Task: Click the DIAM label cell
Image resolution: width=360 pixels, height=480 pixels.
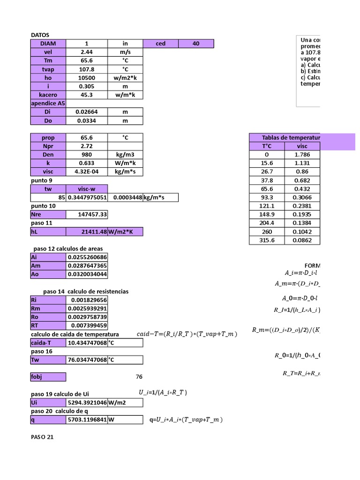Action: point(48,44)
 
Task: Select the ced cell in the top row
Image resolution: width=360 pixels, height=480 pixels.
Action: point(160,44)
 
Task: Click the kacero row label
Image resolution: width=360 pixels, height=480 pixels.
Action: point(48,95)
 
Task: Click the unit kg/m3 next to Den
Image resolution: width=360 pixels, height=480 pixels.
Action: point(125,154)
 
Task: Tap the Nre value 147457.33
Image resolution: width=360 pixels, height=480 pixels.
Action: point(87,214)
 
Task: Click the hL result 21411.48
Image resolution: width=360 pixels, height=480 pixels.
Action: point(87,232)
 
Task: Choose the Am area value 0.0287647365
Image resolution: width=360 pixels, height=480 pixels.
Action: point(87,266)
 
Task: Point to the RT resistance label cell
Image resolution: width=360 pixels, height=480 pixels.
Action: point(48,325)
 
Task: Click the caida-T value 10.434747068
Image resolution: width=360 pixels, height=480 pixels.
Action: point(87,343)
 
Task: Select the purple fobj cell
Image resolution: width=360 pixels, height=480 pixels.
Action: point(48,377)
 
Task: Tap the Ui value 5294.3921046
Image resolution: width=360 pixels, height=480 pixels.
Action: point(87,403)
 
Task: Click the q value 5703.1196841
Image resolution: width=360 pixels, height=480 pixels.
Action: point(87,420)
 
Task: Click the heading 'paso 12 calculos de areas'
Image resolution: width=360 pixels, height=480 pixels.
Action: point(68,248)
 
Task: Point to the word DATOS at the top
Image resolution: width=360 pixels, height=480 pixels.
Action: point(40,35)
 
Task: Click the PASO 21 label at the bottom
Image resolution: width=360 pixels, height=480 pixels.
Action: point(43,437)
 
